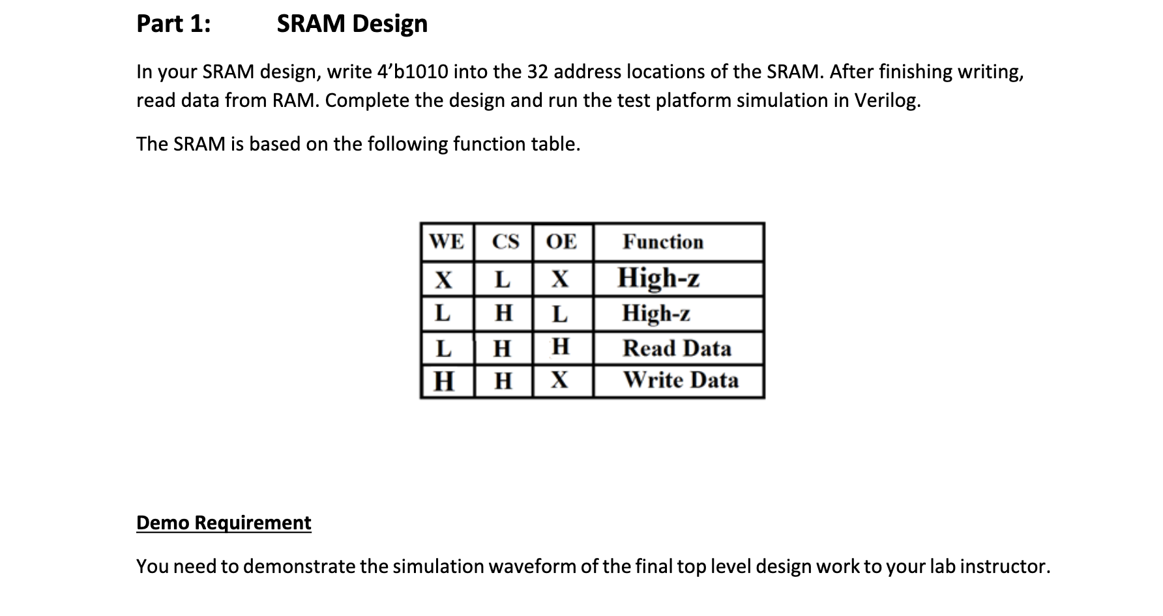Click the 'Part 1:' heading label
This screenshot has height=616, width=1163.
coord(173,23)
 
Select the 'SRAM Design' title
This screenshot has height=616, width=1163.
coord(352,23)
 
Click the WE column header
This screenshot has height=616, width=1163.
coord(447,242)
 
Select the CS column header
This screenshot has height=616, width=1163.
coord(505,242)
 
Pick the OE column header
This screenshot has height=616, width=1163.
coord(561,242)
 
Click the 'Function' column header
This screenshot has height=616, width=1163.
coord(663,242)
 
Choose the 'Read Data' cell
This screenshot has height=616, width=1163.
coord(677,348)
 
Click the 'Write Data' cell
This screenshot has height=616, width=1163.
coord(681,380)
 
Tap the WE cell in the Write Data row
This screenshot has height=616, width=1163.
coord(444,381)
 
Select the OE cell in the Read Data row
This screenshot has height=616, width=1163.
coord(561,346)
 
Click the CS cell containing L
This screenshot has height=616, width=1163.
coord(502,280)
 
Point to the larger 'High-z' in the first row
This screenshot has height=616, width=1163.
coord(658,278)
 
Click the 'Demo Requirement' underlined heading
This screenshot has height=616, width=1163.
coord(224,523)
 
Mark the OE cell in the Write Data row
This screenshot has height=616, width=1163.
coord(560,381)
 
